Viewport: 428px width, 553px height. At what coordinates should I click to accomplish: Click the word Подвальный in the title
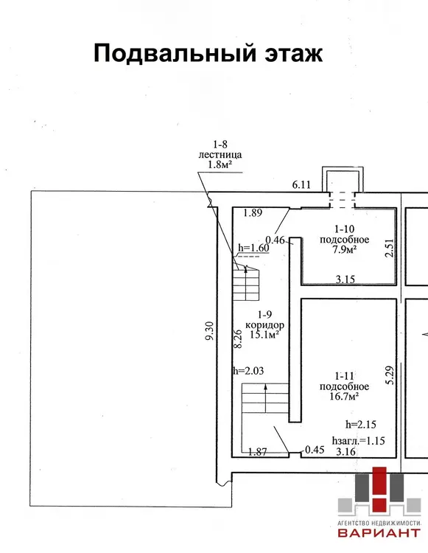(x=175, y=53)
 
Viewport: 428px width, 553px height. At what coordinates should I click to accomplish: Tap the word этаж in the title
(x=293, y=54)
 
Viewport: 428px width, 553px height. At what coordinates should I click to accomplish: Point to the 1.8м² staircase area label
(x=220, y=164)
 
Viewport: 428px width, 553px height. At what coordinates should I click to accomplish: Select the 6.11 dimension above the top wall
(x=301, y=184)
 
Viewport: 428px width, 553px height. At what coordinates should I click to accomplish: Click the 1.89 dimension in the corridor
(x=253, y=212)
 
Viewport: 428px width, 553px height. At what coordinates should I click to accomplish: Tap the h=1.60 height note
(x=253, y=248)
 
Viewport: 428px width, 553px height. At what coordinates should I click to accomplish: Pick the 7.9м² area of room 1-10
(x=344, y=250)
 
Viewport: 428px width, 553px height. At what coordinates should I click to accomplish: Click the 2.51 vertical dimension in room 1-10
(x=389, y=248)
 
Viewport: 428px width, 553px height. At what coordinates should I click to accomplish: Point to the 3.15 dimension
(x=345, y=279)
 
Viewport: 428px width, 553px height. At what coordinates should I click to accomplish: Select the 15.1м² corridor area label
(x=264, y=334)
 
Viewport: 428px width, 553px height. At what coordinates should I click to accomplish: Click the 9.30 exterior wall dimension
(x=209, y=331)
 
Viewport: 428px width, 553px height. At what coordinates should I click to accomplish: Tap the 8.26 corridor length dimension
(x=238, y=339)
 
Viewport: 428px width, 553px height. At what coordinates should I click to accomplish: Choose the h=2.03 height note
(x=248, y=371)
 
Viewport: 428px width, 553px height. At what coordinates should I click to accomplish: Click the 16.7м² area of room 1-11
(x=344, y=397)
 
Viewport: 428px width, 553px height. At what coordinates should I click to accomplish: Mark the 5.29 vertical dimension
(x=390, y=375)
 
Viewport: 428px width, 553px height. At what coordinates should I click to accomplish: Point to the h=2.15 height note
(x=361, y=425)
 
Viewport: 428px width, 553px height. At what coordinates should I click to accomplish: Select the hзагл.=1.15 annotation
(x=358, y=440)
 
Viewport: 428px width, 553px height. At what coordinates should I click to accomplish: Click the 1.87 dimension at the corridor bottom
(x=258, y=452)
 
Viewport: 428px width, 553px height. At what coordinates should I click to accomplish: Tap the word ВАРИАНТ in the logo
(x=379, y=532)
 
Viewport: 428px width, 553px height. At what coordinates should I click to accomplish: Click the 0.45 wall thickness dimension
(x=315, y=450)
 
